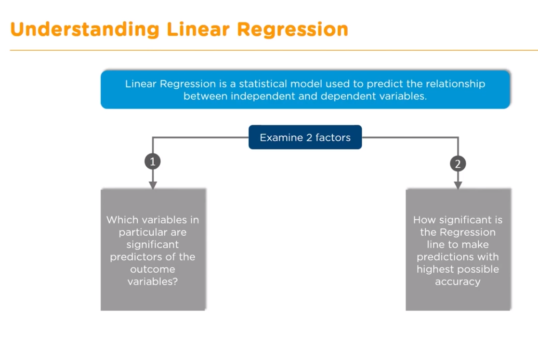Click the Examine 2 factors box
pyautogui.click(x=305, y=137)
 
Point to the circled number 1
pyautogui.click(x=153, y=162)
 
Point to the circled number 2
pyautogui.click(x=458, y=164)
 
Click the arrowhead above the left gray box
pyautogui.click(x=153, y=185)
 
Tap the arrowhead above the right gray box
pyautogui.click(x=458, y=185)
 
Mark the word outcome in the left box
pyautogui.click(x=152, y=269)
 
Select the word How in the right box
pyautogui.click(x=423, y=220)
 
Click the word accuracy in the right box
pyautogui.click(x=458, y=282)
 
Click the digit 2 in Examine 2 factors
pyautogui.click(x=309, y=138)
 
